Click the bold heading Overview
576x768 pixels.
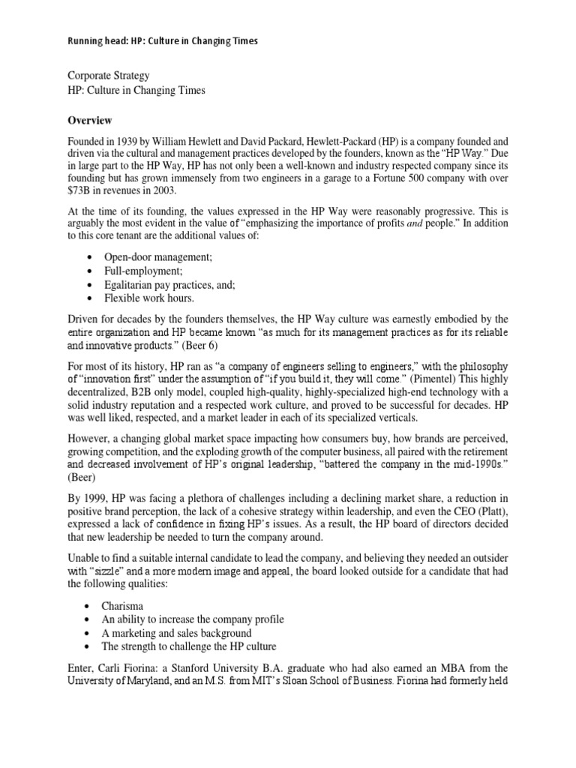click(91, 120)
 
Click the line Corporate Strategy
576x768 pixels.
click(108, 76)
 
